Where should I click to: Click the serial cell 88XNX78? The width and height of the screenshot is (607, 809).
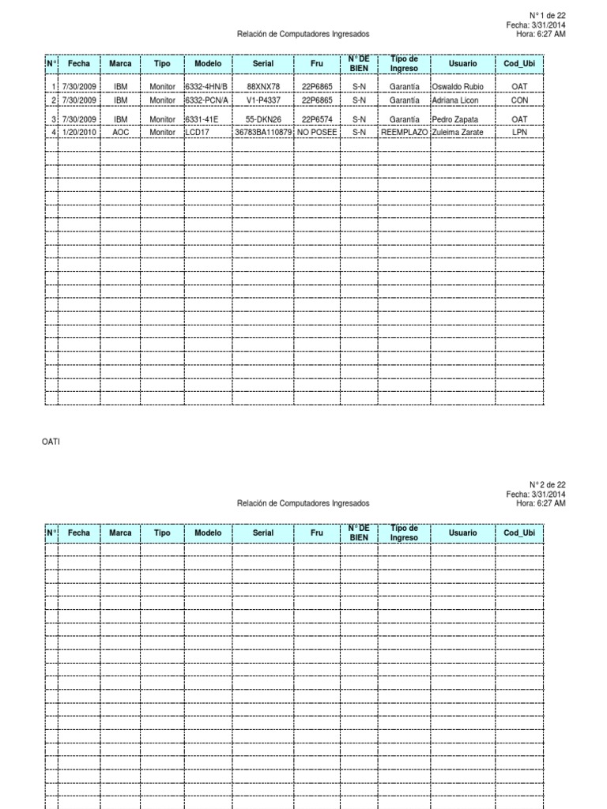[x=263, y=86]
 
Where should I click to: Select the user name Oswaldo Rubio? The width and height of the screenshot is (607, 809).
[x=458, y=86]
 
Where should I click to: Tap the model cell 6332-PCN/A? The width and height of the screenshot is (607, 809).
[x=206, y=100]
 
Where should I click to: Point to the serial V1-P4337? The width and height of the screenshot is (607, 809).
[x=263, y=100]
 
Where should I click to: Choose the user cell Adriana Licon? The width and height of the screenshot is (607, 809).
[x=455, y=100]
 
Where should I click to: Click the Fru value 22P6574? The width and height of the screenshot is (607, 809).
[x=317, y=119]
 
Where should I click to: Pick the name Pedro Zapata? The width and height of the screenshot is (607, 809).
[x=455, y=119]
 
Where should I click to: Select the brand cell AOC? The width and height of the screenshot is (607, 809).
[x=120, y=133]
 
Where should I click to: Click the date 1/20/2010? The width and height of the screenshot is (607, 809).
[x=79, y=133]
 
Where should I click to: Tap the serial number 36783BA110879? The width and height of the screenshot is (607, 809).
[x=263, y=133]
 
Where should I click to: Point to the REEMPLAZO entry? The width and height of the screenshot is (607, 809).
[x=404, y=133]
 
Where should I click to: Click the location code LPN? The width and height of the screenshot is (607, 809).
[x=519, y=133]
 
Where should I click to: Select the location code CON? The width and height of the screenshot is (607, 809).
[x=519, y=100]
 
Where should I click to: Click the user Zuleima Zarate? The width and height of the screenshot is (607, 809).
[x=458, y=133]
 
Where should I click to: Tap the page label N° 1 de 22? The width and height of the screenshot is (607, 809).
[x=547, y=15]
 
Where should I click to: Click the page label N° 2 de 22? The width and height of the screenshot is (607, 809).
[x=547, y=484]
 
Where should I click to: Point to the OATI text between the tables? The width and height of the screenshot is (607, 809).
[x=51, y=442]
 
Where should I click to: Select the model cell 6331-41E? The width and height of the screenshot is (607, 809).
[x=202, y=119]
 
